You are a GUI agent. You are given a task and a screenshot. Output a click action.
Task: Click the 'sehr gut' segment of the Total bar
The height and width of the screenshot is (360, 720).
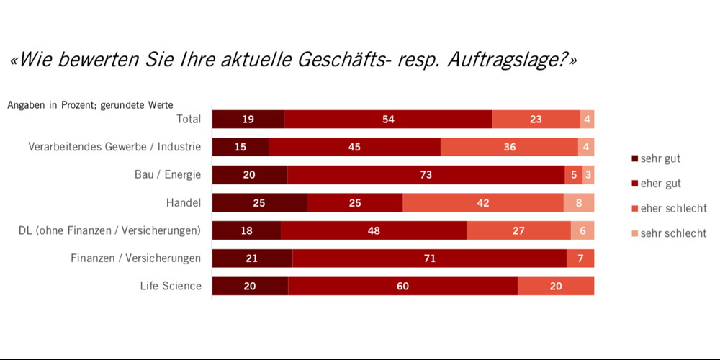248,120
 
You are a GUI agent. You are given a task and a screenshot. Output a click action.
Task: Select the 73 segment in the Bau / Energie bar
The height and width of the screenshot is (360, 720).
426,175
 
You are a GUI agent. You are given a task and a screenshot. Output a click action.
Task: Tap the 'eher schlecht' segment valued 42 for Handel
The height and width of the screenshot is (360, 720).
482,203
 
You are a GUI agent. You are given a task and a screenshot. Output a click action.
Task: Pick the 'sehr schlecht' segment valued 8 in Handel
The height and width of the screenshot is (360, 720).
578,203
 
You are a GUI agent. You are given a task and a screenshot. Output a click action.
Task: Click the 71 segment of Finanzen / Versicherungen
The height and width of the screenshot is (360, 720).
429,258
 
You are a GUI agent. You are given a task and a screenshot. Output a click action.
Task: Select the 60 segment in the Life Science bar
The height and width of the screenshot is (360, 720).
402,286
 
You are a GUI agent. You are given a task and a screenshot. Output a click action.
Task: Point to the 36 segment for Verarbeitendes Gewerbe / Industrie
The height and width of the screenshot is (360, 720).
509,148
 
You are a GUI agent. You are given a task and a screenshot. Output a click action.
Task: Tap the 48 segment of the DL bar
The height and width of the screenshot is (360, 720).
373,230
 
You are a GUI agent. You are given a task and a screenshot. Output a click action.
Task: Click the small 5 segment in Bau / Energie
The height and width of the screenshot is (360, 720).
574,175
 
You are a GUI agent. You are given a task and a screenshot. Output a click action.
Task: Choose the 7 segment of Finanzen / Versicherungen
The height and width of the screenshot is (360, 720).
580,258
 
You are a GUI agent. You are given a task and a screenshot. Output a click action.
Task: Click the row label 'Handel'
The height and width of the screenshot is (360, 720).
184,203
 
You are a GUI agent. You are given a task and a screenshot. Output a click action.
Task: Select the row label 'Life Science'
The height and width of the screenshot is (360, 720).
171,286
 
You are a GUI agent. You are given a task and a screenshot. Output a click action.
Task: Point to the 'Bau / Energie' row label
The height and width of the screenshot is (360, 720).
168,175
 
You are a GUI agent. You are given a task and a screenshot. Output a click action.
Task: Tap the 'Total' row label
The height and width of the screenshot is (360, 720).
189,119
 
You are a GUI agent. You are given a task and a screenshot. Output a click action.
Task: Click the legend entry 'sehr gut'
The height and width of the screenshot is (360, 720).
660,158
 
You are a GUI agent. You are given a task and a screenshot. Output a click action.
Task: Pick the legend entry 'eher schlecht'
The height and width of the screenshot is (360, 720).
673,208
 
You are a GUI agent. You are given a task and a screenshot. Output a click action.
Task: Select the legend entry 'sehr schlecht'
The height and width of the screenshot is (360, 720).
673,233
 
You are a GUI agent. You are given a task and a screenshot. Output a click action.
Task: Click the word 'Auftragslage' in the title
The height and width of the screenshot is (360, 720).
505,60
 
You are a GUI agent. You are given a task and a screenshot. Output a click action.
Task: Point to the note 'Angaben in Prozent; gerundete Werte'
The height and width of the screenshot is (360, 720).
90,105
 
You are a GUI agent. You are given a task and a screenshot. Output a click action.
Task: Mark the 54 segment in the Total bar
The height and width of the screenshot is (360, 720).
388,120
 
